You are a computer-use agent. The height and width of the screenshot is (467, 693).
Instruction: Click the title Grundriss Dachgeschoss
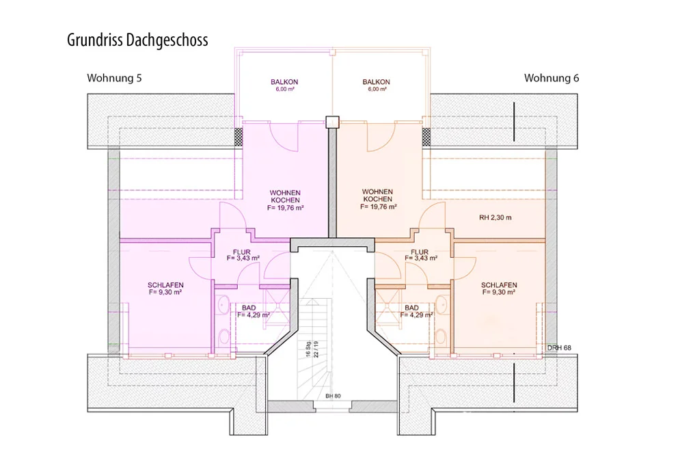pyautogui.click(x=137, y=40)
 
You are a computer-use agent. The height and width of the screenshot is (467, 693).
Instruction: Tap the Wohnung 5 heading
pyautogui.click(x=114, y=78)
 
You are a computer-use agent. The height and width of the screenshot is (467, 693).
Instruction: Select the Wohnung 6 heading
pyautogui.click(x=552, y=78)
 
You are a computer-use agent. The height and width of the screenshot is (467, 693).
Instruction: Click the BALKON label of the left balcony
pyautogui.click(x=284, y=82)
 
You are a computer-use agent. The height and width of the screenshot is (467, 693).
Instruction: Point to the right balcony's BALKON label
pyautogui.click(x=377, y=82)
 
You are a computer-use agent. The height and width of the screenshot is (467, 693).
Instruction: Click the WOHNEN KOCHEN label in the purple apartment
pyautogui.click(x=285, y=196)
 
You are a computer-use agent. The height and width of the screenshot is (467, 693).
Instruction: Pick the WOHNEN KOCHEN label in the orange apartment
pyautogui.click(x=377, y=196)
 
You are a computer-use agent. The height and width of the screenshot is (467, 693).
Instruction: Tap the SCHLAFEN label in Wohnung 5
pyautogui.click(x=166, y=285)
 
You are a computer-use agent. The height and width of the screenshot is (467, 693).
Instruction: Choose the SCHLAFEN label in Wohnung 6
pyautogui.click(x=499, y=285)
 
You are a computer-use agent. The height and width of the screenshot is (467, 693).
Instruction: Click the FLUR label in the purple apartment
pyautogui.click(x=242, y=252)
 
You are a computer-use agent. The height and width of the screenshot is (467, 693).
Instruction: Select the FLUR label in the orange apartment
pyautogui.click(x=420, y=252)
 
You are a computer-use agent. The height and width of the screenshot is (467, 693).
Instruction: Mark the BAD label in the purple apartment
pyautogui.click(x=249, y=308)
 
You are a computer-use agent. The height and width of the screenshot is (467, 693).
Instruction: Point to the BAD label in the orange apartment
pyautogui.click(x=411, y=308)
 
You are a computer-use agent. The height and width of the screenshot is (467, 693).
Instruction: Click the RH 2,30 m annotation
pyautogui.click(x=495, y=217)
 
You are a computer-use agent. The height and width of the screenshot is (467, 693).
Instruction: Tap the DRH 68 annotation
pyautogui.click(x=559, y=347)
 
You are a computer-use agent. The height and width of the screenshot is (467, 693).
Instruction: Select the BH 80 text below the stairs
pyautogui.click(x=334, y=397)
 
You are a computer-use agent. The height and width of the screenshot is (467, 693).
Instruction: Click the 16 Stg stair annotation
pyautogui.click(x=308, y=349)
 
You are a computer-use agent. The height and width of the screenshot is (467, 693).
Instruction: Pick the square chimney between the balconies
pyautogui.click(x=332, y=122)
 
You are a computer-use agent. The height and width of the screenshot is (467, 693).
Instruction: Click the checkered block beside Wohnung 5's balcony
pyautogui.click(x=239, y=137)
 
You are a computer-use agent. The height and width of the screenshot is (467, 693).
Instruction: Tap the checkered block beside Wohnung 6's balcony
pyautogui.click(x=426, y=137)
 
